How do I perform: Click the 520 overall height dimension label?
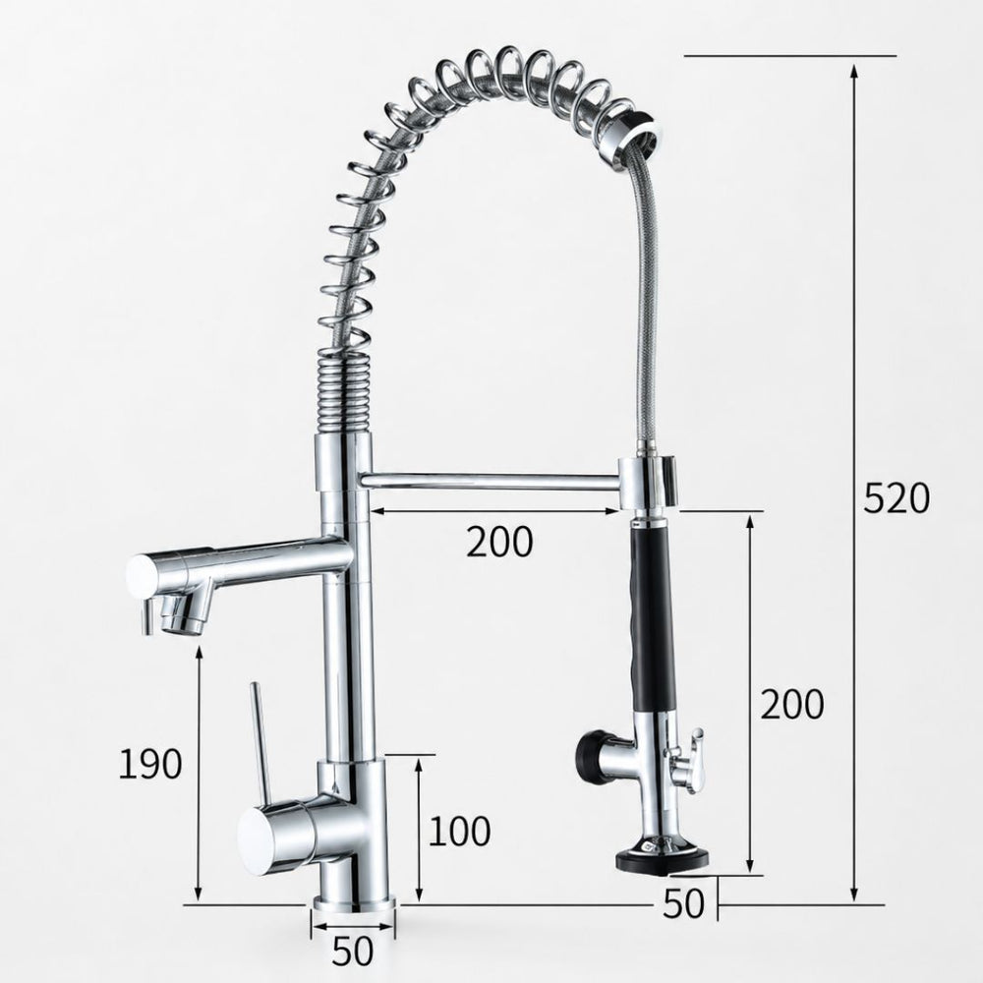(x=896, y=499)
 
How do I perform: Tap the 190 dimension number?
(x=150, y=764)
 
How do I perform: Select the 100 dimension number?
(x=459, y=832)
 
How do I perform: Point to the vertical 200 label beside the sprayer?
(x=791, y=704)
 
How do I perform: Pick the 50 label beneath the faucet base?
(x=352, y=951)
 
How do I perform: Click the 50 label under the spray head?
(x=683, y=903)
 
